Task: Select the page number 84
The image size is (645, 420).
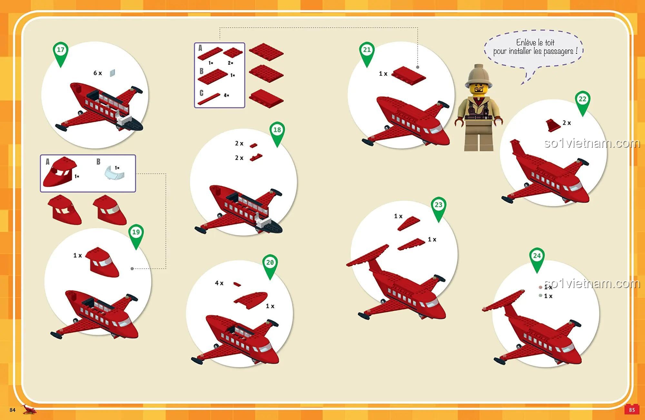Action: point(13,410)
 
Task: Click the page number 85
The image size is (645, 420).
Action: point(632,410)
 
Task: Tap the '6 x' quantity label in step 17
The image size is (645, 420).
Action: point(98,73)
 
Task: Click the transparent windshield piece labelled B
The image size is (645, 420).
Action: point(114,172)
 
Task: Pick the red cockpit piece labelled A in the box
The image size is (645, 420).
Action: point(60,172)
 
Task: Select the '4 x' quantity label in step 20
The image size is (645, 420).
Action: point(219,283)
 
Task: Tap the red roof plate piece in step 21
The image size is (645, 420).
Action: point(409,76)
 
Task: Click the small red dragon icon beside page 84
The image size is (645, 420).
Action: point(29,409)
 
